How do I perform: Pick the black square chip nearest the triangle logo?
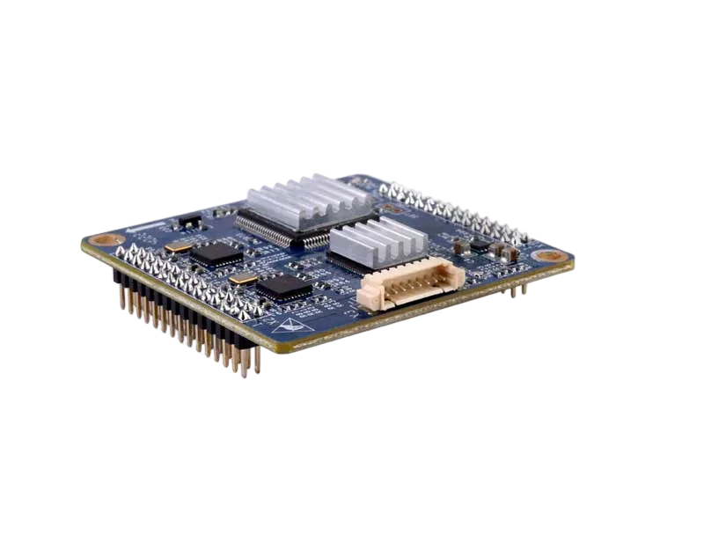pyautogui.click(x=283, y=286)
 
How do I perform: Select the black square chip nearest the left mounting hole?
pyautogui.click(x=216, y=254)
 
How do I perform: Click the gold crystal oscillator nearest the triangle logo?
pyautogui.click(x=244, y=280)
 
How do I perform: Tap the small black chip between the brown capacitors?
pyautogui.click(x=480, y=247)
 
